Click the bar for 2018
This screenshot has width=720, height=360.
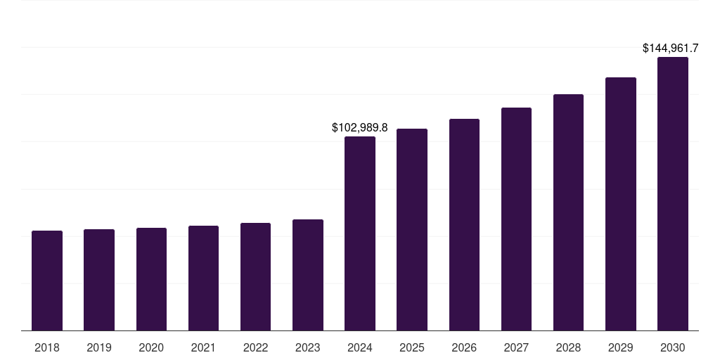pos(47,281)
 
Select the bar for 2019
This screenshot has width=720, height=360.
pos(99,280)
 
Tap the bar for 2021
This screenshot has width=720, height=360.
pos(203,278)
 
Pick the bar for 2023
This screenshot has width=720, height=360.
pos(308,275)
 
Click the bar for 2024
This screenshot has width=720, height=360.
pos(360,233)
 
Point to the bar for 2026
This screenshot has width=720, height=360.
pos(464,225)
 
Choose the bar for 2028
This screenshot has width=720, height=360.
pos(568,212)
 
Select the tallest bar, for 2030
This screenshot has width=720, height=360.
pos(672,194)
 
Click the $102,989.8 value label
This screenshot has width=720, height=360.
pos(360,128)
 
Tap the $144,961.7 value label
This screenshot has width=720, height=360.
pos(670,49)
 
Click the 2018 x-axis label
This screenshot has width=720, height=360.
pos(47,347)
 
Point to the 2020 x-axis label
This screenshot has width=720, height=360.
pos(151,347)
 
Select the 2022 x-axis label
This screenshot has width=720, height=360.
pos(255,347)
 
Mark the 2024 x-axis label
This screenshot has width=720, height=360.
pos(360,347)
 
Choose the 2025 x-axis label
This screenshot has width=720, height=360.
pos(412,347)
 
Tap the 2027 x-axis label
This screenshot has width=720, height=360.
pos(516,347)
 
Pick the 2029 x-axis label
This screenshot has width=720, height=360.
pos(620,347)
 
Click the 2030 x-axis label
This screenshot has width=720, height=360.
pos(672,347)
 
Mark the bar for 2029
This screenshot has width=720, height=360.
pos(620,204)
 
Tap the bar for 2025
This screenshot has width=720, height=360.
pos(412,230)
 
